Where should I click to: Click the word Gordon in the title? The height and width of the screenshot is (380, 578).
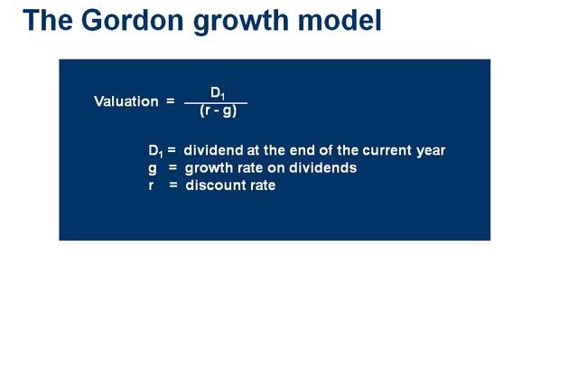point(132,20)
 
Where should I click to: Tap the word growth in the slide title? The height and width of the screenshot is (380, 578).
point(241,22)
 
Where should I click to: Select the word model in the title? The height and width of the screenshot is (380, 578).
point(340,20)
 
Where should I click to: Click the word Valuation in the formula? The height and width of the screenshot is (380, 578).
point(126,101)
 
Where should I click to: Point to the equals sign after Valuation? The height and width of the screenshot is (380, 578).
point(171,100)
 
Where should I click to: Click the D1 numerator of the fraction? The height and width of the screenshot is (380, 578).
point(218,93)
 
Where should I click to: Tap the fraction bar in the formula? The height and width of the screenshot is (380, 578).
point(216,103)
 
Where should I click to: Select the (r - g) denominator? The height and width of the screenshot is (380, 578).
point(218,110)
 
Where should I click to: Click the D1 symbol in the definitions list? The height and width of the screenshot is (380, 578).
point(155,151)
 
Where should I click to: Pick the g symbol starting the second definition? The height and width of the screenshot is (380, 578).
point(153,169)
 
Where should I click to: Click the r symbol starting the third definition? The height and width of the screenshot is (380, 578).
point(151,185)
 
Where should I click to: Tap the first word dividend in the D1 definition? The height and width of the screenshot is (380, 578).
point(213,150)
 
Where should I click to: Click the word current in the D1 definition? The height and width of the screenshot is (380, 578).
point(387,150)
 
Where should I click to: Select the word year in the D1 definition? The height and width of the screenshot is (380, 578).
point(431,151)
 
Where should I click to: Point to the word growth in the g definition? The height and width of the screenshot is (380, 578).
point(209,168)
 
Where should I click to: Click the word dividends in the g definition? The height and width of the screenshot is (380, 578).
point(323,167)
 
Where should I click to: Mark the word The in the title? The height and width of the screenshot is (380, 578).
point(48,20)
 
